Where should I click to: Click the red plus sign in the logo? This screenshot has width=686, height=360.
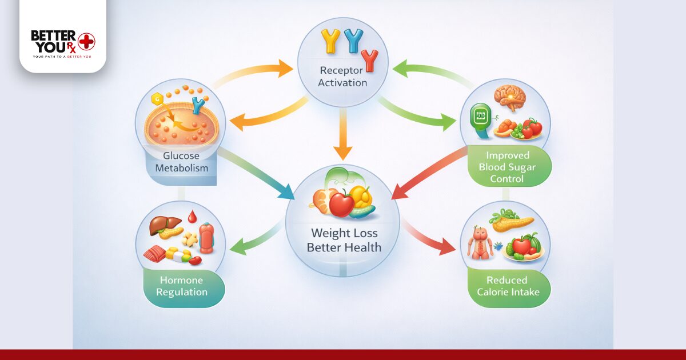pos(87,41)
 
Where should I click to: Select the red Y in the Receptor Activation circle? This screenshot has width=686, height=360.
pos(370,59)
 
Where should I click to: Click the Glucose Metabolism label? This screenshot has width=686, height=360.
pos(181,162)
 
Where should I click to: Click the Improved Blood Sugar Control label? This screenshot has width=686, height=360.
pos(508,167)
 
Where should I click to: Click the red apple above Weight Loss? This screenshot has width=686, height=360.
pos(342,204)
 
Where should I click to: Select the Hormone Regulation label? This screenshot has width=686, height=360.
pos(184,286)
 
